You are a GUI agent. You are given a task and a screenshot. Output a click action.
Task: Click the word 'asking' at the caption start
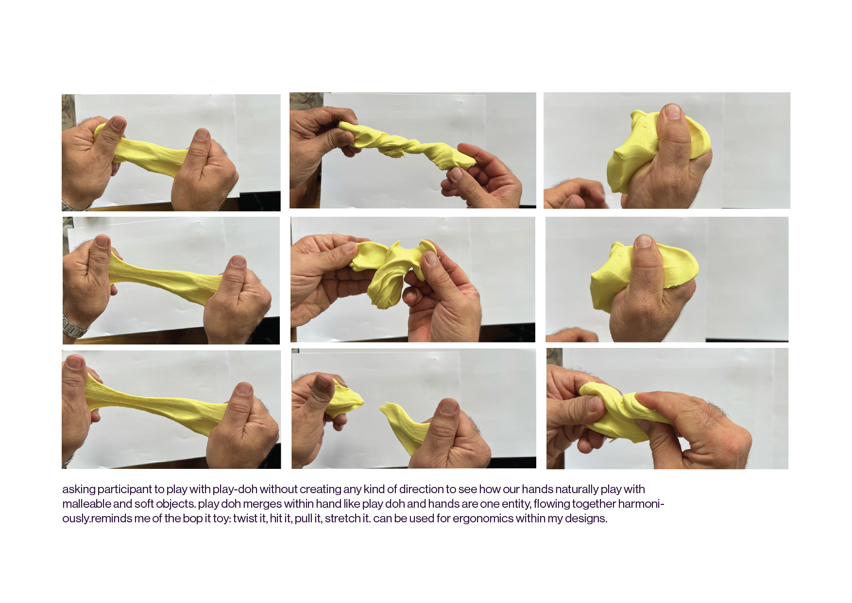tap(79, 490)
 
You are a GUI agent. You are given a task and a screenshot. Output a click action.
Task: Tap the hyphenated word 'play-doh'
tap(235, 490)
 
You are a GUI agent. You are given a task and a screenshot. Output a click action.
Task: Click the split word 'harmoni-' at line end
tap(641, 504)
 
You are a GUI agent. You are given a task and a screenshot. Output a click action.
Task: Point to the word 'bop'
tap(192, 519)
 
